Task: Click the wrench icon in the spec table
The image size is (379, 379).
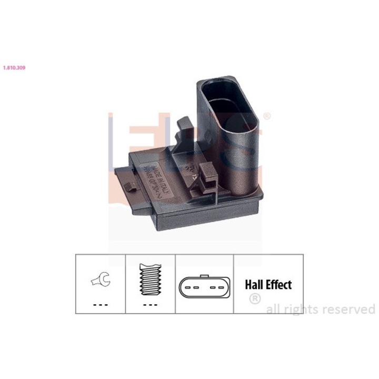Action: click(99, 280)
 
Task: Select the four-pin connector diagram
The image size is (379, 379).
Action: click(204, 288)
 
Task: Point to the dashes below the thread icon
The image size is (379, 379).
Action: click(150, 305)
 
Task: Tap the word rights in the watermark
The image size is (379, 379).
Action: click(301, 310)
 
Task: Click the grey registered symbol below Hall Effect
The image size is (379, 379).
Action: click(254, 299)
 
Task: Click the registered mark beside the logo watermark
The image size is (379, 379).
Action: click(267, 116)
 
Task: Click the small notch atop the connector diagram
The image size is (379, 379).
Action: click(204, 276)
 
